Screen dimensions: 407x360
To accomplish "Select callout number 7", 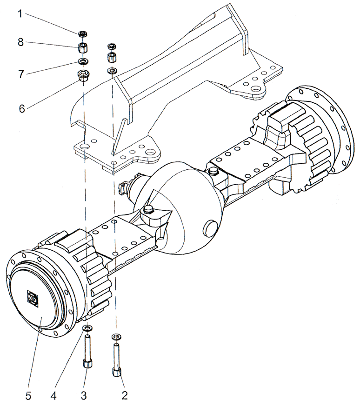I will click(20, 74).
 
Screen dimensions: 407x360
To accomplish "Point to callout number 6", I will click(21, 108).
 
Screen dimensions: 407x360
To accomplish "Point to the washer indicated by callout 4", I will click(87, 329).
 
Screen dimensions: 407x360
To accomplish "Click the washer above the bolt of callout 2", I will click(115, 336).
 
